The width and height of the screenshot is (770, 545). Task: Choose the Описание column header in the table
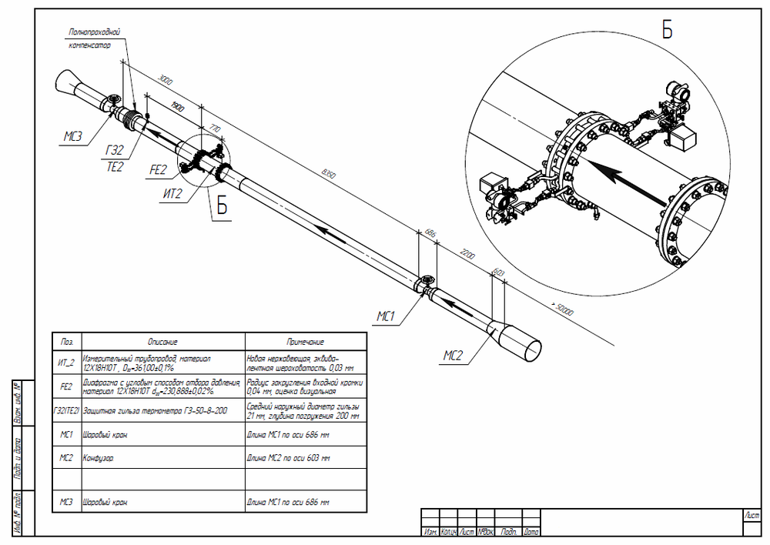tap(162, 342)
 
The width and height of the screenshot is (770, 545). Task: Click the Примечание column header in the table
tap(305, 342)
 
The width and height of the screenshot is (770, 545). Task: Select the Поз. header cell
tap(66, 342)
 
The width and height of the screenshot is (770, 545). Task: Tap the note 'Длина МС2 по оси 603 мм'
tap(288, 458)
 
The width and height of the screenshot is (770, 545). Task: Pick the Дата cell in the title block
tap(531, 532)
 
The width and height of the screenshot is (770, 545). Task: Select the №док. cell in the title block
tap(486, 532)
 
